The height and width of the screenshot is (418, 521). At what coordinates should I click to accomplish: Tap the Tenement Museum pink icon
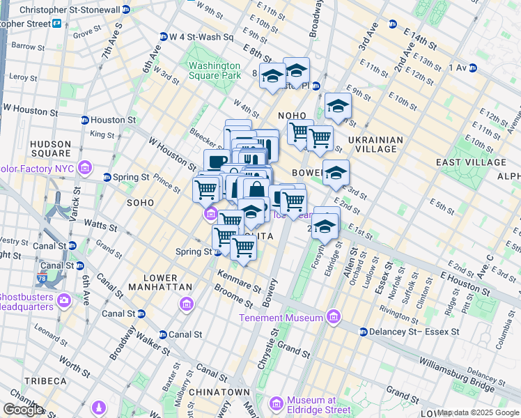point(333,318)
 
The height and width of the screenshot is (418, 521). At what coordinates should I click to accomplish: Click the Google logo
point(23,410)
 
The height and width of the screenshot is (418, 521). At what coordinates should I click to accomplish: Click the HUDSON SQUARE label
point(50,148)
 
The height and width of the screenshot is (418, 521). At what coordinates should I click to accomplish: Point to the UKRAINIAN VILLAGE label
point(375,144)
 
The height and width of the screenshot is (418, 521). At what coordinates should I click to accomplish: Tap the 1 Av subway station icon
point(473,68)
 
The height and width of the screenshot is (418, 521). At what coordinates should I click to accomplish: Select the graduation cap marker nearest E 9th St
point(338,106)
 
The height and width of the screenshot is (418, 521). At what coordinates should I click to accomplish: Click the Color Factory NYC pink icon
point(85,167)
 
